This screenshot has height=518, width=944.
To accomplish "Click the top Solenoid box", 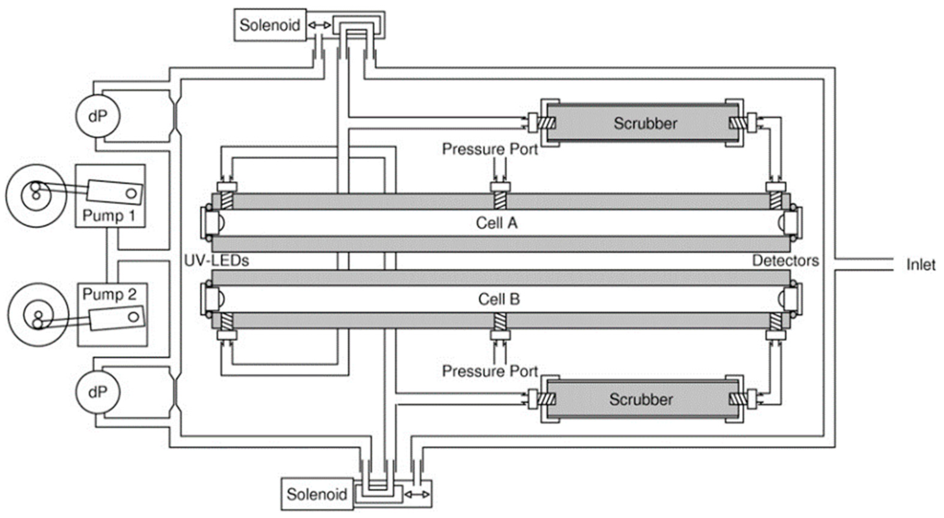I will coord(270,25).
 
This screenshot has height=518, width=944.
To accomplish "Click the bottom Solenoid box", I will coord(317,494).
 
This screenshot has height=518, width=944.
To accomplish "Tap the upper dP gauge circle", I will coord(98,116).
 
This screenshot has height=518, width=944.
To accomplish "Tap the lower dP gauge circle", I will coord(98,392).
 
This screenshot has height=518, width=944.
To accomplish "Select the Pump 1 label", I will coord(108,215).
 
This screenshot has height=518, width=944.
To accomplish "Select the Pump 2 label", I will coord(109,294).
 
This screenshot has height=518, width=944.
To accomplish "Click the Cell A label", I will coord(497,223).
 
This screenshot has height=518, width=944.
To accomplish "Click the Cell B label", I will coord(499,299).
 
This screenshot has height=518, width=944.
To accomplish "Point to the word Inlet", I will coord(920,265).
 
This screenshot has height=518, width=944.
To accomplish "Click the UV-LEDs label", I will coord(216,260).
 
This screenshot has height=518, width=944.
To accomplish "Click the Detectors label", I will coord(785,260).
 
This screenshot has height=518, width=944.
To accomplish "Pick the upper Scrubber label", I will coord(645,124).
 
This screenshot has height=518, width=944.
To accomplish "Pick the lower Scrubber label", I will coord(641,399).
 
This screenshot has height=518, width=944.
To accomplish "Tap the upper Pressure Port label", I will coord(490,149).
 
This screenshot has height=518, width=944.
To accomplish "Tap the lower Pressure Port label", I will coord(490,371).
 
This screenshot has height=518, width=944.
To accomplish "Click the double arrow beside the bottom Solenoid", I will coord(417,494).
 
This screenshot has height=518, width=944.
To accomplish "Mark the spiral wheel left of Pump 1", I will coord(36,195).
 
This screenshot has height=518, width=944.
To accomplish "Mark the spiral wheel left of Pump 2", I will coord(38,315).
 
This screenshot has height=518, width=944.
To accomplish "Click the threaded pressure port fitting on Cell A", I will coord(500,200).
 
